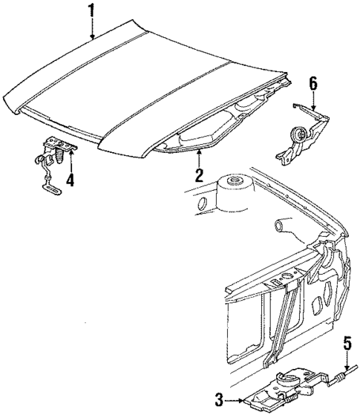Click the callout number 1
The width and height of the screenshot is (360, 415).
coord(91,10)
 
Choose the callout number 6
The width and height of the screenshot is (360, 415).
coord(312,83)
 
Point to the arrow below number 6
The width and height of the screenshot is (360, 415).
coord(312,102)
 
